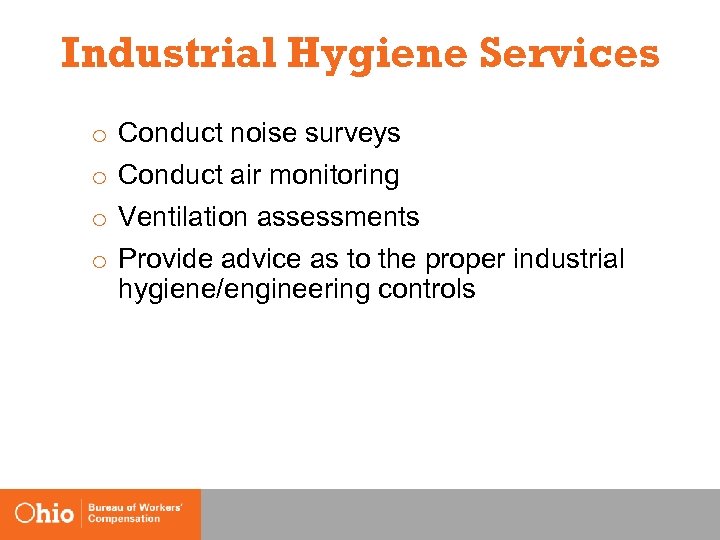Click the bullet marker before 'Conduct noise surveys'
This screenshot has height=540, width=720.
[x=99, y=135]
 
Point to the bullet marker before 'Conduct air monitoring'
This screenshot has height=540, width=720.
[x=99, y=177]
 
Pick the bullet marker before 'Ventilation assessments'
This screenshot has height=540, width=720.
[x=99, y=219]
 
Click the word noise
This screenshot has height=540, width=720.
[x=262, y=133]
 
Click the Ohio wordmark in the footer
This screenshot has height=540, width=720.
[x=45, y=513]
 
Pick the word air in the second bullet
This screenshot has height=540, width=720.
[x=244, y=175]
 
